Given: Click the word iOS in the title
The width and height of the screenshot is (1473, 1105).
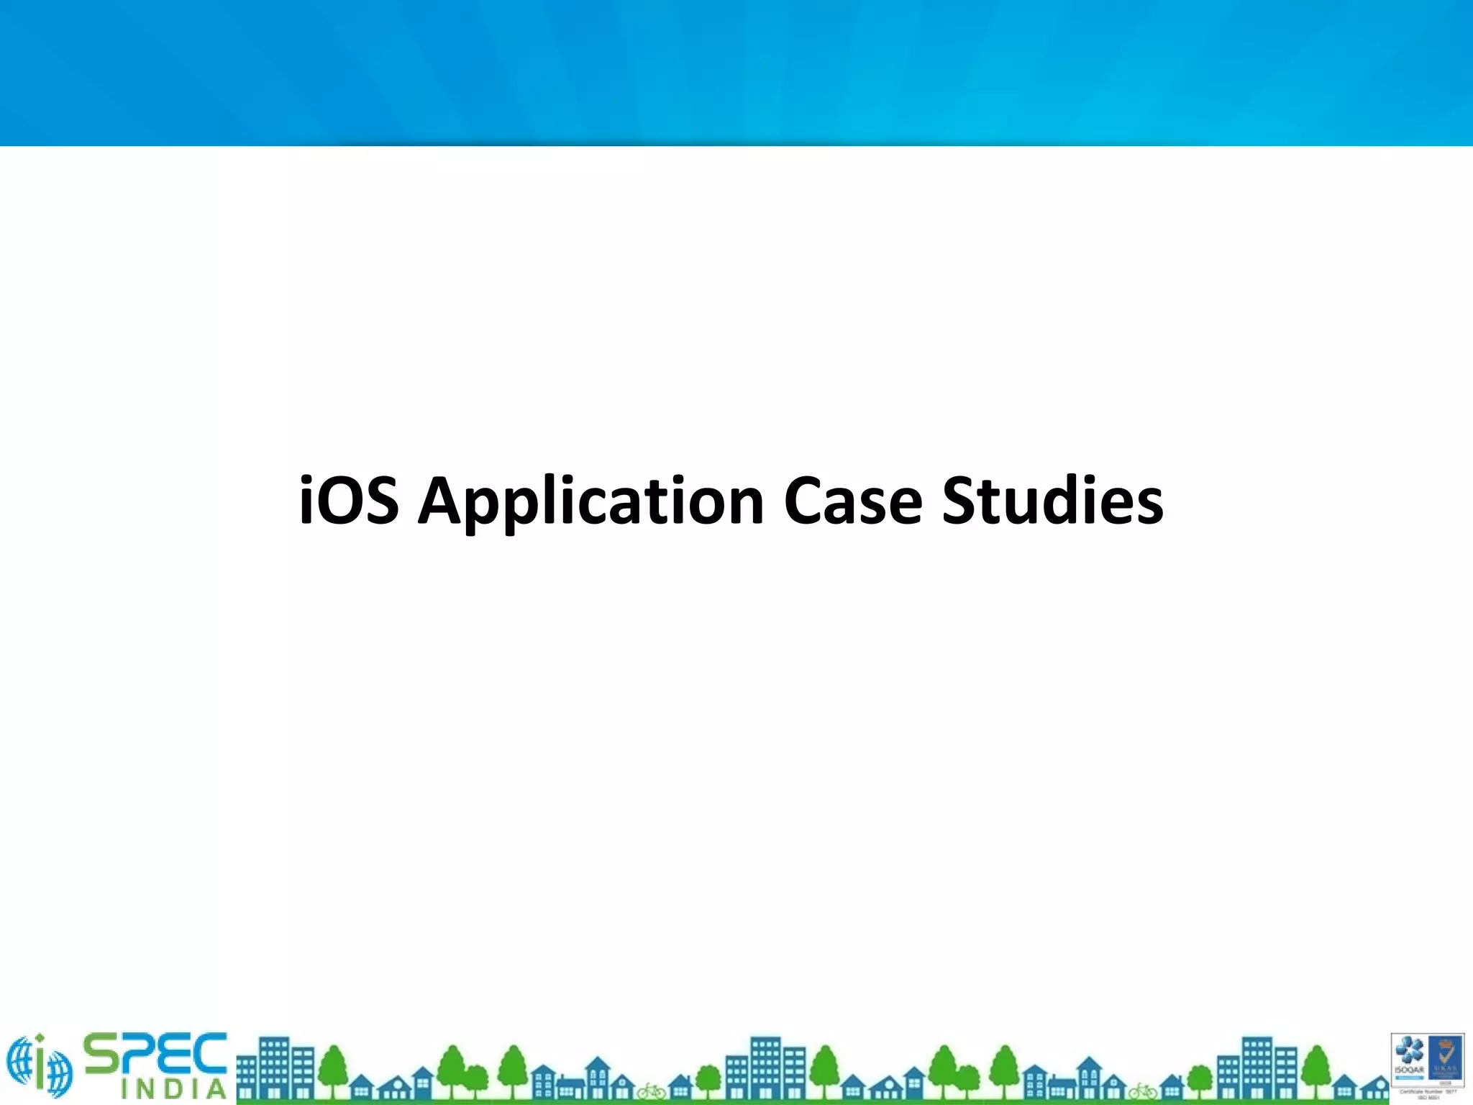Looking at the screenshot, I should pyautogui.click(x=348, y=501).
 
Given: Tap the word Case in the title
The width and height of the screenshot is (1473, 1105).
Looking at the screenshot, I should pyautogui.click(x=853, y=501).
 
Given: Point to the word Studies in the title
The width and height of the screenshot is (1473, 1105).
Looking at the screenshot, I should pyautogui.click(x=1052, y=501).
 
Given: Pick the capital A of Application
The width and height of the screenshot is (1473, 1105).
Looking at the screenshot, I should pyautogui.click(x=440, y=501).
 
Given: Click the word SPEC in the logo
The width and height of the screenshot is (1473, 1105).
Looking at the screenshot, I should pyautogui.click(x=155, y=1055).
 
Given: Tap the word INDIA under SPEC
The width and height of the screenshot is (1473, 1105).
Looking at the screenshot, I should pyautogui.click(x=173, y=1089).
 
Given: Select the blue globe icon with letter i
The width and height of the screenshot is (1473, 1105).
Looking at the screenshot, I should pyautogui.click(x=40, y=1065).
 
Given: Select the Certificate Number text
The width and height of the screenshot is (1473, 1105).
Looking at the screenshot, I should pyautogui.click(x=1428, y=1091).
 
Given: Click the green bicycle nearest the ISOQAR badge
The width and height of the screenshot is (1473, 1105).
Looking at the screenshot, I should pyautogui.click(x=1143, y=1091).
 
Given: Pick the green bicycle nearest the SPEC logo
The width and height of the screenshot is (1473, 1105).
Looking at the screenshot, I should pyautogui.click(x=651, y=1091).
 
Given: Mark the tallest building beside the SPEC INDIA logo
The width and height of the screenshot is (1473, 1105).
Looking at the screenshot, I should pyautogui.click(x=274, y=1068).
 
